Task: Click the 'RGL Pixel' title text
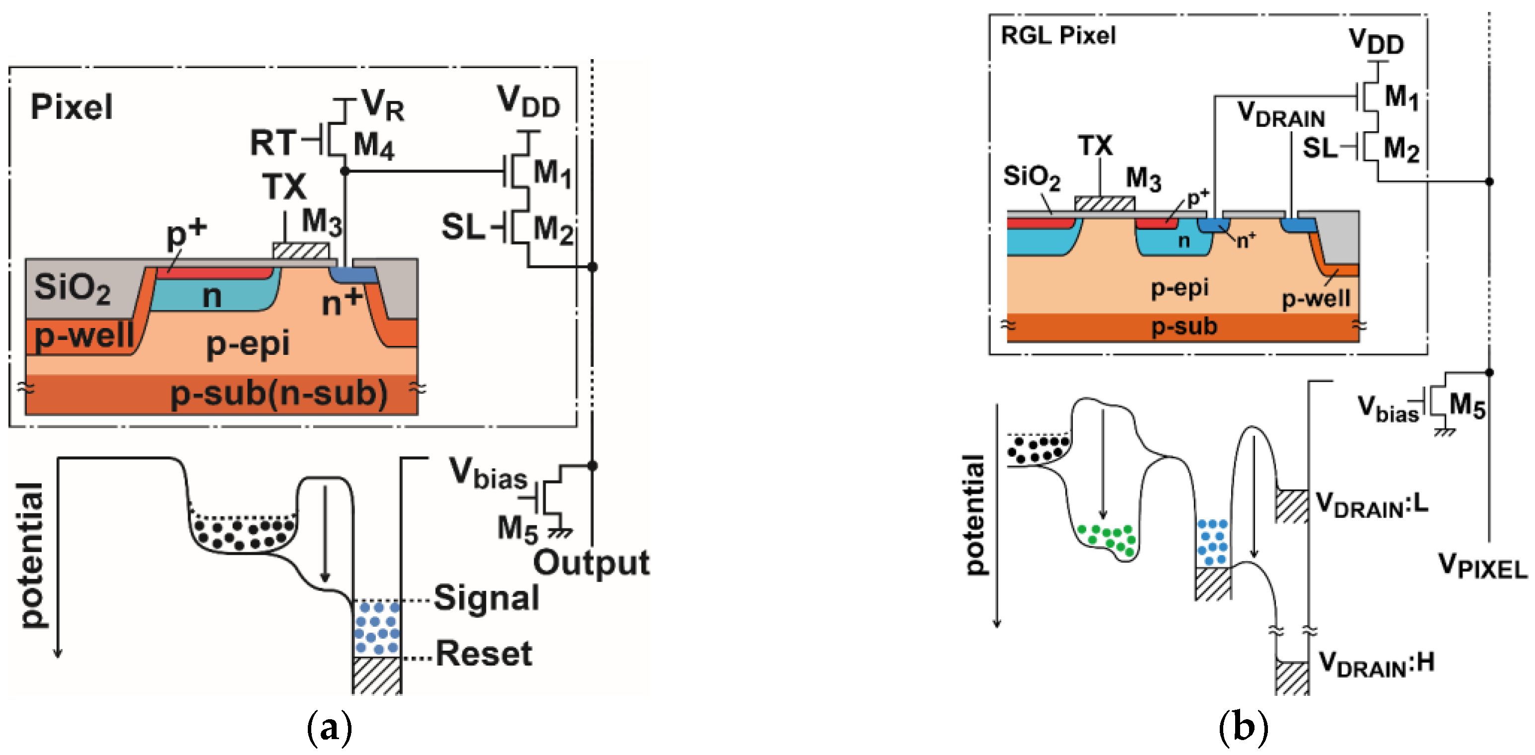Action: pyautogui.click(x=1058, y=36)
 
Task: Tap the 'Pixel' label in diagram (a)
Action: pyautogui.click(x=71, y=107)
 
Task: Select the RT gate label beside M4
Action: pyautogui.click(x=273, y=143)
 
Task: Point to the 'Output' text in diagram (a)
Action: pyautogui.click(x=591, y=564)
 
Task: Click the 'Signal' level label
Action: pyautogui.click(x=486, y=598)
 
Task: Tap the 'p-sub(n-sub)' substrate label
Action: pyautogui.click(x=279, y=394)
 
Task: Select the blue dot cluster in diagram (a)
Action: pyautogui.click(x=377, y=627)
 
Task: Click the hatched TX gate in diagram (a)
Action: pyautogui.click(x=301, y=251)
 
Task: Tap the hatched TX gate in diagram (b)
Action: pyautogui.click(x=1104, y=204)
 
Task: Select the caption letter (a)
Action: pyautogui.click(x=329, y=728)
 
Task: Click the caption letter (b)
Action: pyautogui.click(x=1243, y=728)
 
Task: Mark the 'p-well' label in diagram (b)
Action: pyautogui.click(x=1316, y=298)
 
